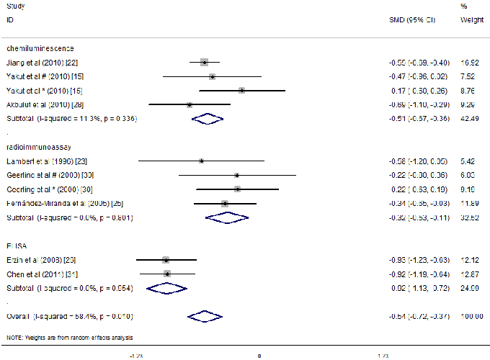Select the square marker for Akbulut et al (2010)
(190, 104)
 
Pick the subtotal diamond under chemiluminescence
(208, 118)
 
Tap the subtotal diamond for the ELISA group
(166, 287)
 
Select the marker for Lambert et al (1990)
(201, 161)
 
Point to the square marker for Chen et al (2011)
(167, 273)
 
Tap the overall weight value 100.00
(471, 316)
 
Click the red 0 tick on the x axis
(259, 356)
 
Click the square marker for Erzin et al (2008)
(166, 259)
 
